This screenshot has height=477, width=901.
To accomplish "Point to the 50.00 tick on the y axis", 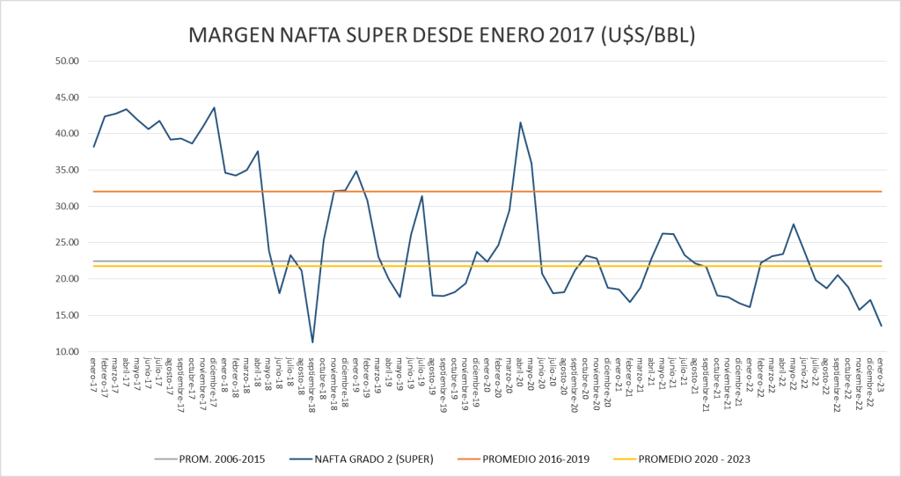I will [68, 61].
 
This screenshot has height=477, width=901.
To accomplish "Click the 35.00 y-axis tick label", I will [68, 170].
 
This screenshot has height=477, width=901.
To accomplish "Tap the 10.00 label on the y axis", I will [68, 352].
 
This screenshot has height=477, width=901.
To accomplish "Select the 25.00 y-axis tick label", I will [68, 243].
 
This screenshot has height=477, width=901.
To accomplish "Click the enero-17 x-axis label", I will [94, 374].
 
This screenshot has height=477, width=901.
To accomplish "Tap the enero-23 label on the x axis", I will [881, 374].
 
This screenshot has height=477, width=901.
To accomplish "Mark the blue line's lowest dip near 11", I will [312, 341].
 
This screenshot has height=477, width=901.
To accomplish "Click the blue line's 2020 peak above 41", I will [520, 122].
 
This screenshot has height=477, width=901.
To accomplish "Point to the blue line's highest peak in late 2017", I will [214, 107].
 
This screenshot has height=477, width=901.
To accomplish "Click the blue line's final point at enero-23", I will [881, 326].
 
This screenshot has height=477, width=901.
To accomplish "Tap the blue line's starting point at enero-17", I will [94, 146].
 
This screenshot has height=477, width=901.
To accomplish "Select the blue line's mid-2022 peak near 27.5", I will [794, 224].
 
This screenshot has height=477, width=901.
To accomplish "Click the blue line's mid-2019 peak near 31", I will [422, 196].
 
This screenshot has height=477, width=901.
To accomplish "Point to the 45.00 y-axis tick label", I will [68, 98].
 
